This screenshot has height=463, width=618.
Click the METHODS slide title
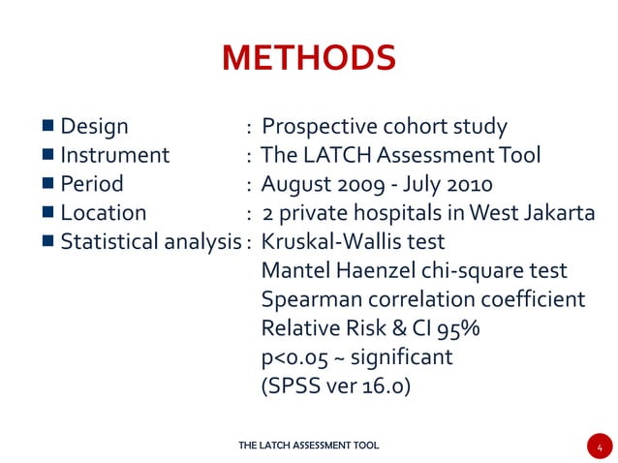[x=308, y=58]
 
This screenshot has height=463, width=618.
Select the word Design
[x=94, y=127]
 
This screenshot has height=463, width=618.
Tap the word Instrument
[x=114, y=155]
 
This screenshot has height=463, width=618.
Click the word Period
[x=92, y=184]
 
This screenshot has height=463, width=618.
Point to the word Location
[x=103, y=213]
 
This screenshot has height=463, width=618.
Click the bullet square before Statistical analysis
[x=47, y=241]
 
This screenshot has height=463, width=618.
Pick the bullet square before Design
[x=47, y=127]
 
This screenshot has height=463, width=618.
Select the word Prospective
[x=319, y=127]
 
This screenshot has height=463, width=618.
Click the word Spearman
[x=309, y=300]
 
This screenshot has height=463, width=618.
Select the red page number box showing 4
[x=600, y=447]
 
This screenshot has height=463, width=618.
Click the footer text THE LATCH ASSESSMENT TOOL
[x=308, y=446]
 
